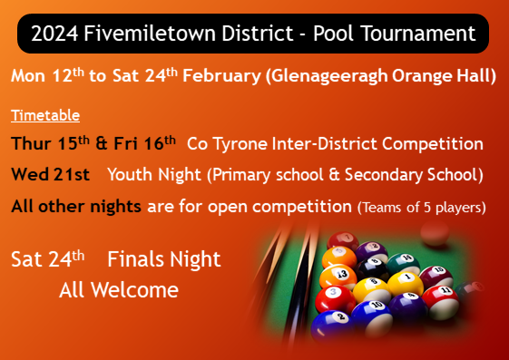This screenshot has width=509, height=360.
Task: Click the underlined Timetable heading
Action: coord(45,116)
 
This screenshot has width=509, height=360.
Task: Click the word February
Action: coord(221,76)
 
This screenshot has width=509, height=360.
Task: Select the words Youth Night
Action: coord(151,174)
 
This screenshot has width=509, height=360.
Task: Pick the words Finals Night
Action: coord(163,259)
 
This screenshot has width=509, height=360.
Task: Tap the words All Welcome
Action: coord(118,290)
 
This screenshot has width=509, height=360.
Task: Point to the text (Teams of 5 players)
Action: coord(422,208)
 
